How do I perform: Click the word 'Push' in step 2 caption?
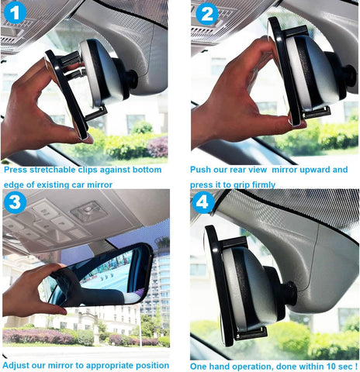tap(202, 169)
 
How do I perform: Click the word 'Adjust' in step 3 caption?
tap(19, 364)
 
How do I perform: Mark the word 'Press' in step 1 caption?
tap(17, 169)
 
